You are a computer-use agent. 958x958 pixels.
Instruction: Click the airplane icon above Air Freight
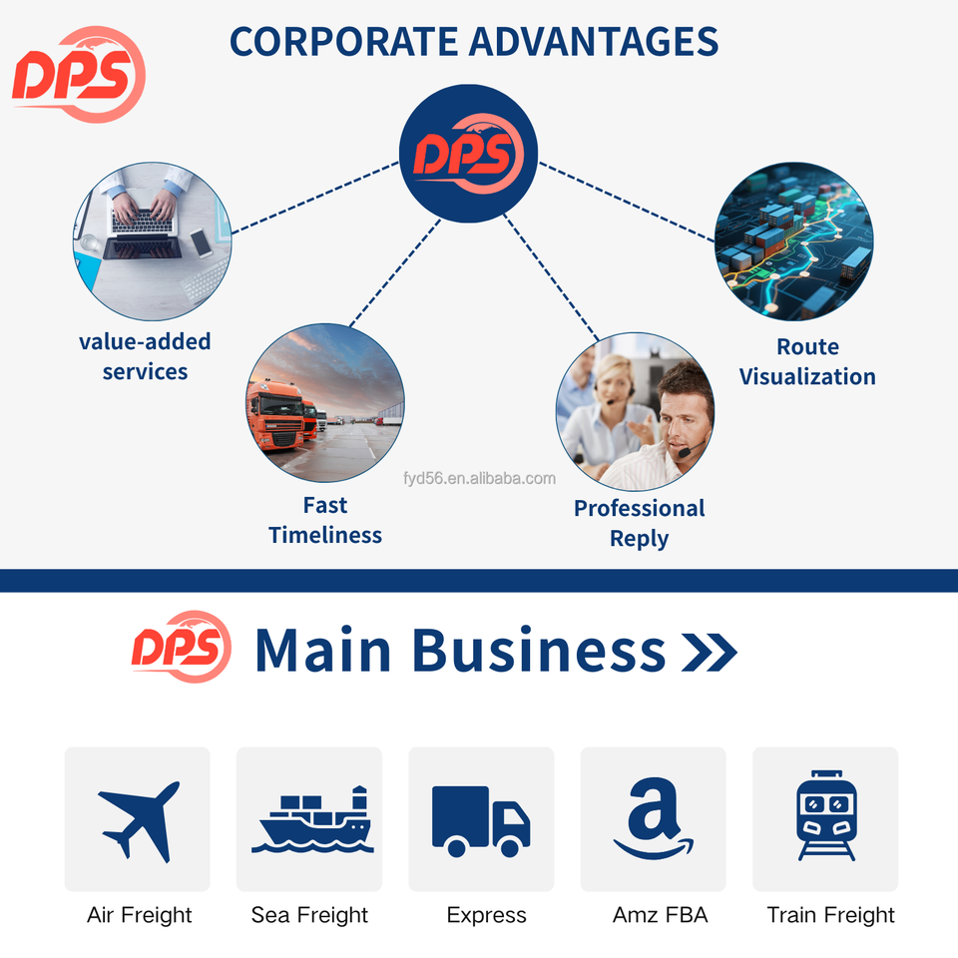coord(138,818)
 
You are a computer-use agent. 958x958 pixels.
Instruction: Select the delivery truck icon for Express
coord(481,820)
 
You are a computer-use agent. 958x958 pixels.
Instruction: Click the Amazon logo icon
coord(654,820)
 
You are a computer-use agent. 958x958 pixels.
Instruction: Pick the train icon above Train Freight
coord(825,816)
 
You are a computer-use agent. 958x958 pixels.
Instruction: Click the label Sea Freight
coord(309,915)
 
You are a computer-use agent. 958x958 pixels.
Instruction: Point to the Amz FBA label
coord(660,915)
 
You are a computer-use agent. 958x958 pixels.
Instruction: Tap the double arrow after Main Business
coord(709,652)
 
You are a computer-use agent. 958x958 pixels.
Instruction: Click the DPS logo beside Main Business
coord(181,647)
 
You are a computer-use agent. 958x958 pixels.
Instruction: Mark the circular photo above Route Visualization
coord(794,242)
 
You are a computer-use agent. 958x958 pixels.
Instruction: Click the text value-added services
coord(145,356)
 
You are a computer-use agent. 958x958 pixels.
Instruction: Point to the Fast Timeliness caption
coord(325,520)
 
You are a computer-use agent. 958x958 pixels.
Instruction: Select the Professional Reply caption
coord(639,523)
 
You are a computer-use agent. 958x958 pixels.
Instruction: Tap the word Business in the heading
coord(538,650)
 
